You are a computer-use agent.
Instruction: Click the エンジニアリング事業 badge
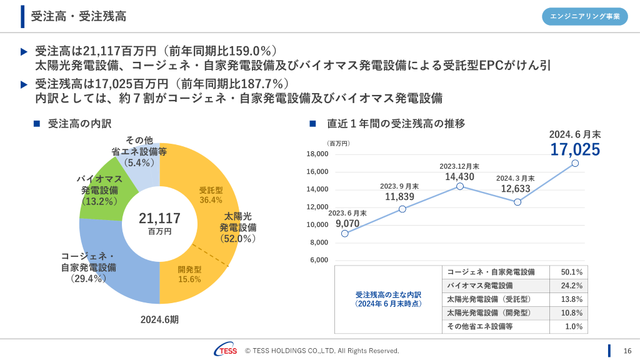[x=585, y=17]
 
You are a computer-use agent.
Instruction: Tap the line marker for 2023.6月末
[x=345, y=234]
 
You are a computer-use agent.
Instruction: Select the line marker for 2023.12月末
[x=460, y=186]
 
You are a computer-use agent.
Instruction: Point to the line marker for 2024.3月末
[x=517, y=202]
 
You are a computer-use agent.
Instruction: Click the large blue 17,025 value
[x=575, y=150]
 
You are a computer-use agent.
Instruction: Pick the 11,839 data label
[x=400, y=197]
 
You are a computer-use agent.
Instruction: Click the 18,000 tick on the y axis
[x=317, y=154]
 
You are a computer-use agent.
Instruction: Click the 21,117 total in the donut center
[x=159, y=219]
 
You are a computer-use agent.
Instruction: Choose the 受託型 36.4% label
[x=211, y=195]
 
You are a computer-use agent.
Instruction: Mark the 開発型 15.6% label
[x=189, y=274]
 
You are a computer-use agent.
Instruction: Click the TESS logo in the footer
[x=225, y=351]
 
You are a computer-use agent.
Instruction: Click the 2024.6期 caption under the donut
[x=159, y=319]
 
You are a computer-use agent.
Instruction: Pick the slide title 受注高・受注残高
[x=78, y=16]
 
